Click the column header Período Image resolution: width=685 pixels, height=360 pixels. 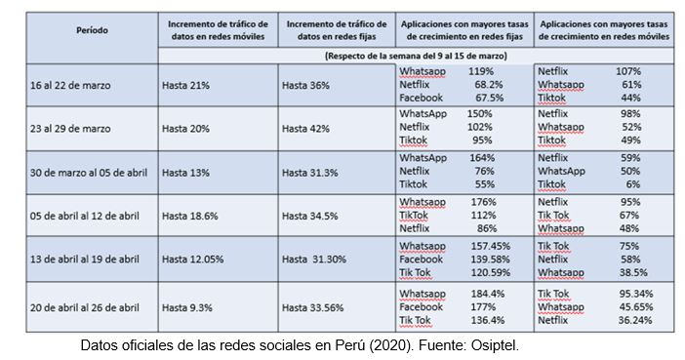(93, 30)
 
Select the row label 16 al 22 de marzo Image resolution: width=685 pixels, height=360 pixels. (70, 85)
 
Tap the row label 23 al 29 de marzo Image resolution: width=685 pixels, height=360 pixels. (70, 128)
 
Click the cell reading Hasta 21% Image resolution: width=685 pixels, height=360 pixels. (186, 85)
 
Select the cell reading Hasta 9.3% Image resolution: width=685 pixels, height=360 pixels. (188, 305)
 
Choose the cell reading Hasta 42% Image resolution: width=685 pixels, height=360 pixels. (305, 128)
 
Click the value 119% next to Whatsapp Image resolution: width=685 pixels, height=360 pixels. (480, 71)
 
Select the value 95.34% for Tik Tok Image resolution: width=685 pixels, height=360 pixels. (634, 292)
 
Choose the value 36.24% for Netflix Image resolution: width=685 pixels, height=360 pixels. (634, 319)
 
